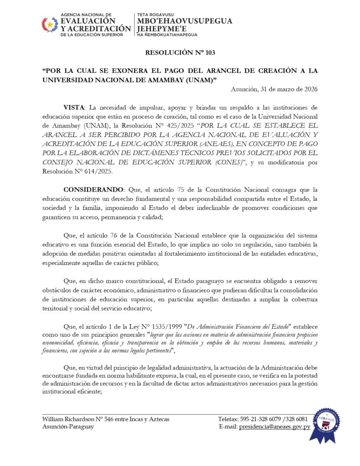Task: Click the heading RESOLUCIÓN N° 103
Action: (x=180, y=53)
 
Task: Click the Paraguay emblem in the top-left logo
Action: (x=50, y=24)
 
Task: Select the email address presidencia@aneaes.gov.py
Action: (x=275, y=426)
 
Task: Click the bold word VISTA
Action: (x=74, y=107)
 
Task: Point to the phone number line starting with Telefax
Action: (x=263, y=419)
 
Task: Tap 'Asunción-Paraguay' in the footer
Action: (x=68, y=426)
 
